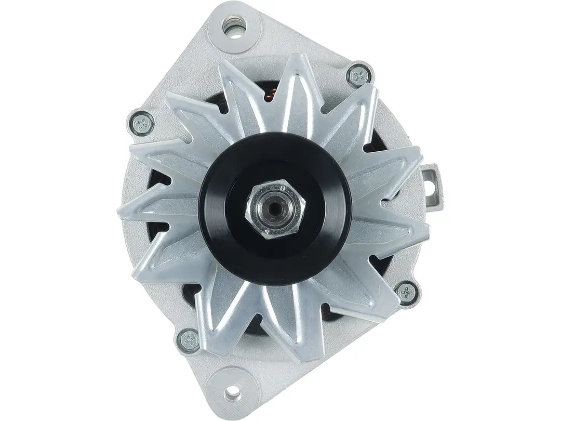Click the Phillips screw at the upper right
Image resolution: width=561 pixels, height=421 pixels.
[x=358, y=76]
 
